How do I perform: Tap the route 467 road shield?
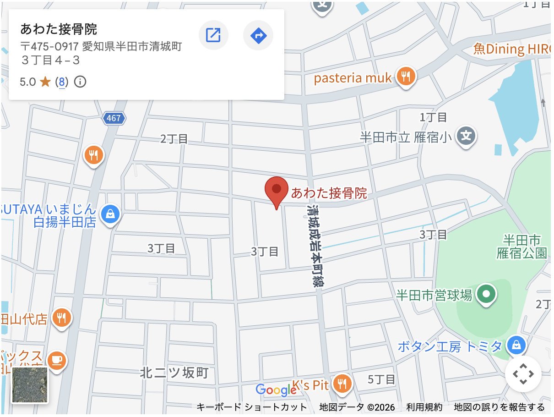113,118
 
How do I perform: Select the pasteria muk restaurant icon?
406,77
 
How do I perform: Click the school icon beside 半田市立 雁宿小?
466,136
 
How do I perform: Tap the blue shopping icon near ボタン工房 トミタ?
516,346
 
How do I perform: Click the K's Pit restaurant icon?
341,384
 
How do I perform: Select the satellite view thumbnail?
30,385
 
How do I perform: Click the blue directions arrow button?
258,35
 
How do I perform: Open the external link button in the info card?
213,35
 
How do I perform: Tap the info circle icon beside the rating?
80,82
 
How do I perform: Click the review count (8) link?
61,82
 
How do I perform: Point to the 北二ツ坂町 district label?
174,373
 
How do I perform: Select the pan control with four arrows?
523,374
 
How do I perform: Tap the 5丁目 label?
381,379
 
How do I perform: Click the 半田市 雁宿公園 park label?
521,246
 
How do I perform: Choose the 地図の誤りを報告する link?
499,407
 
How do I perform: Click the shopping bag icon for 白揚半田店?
110,214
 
